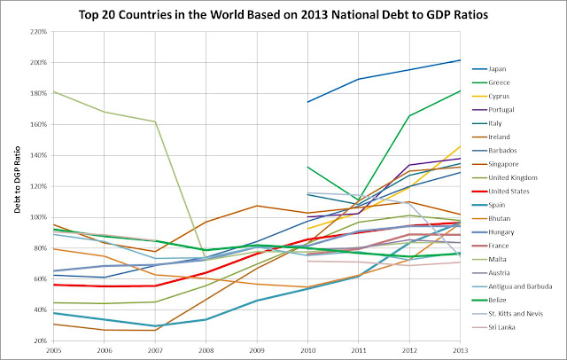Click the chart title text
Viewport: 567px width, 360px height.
(283, 15)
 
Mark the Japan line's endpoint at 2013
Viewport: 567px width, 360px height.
(461, 60)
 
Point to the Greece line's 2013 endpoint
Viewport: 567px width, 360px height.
(461, 90)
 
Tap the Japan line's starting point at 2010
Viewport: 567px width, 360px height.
(307, 102)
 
